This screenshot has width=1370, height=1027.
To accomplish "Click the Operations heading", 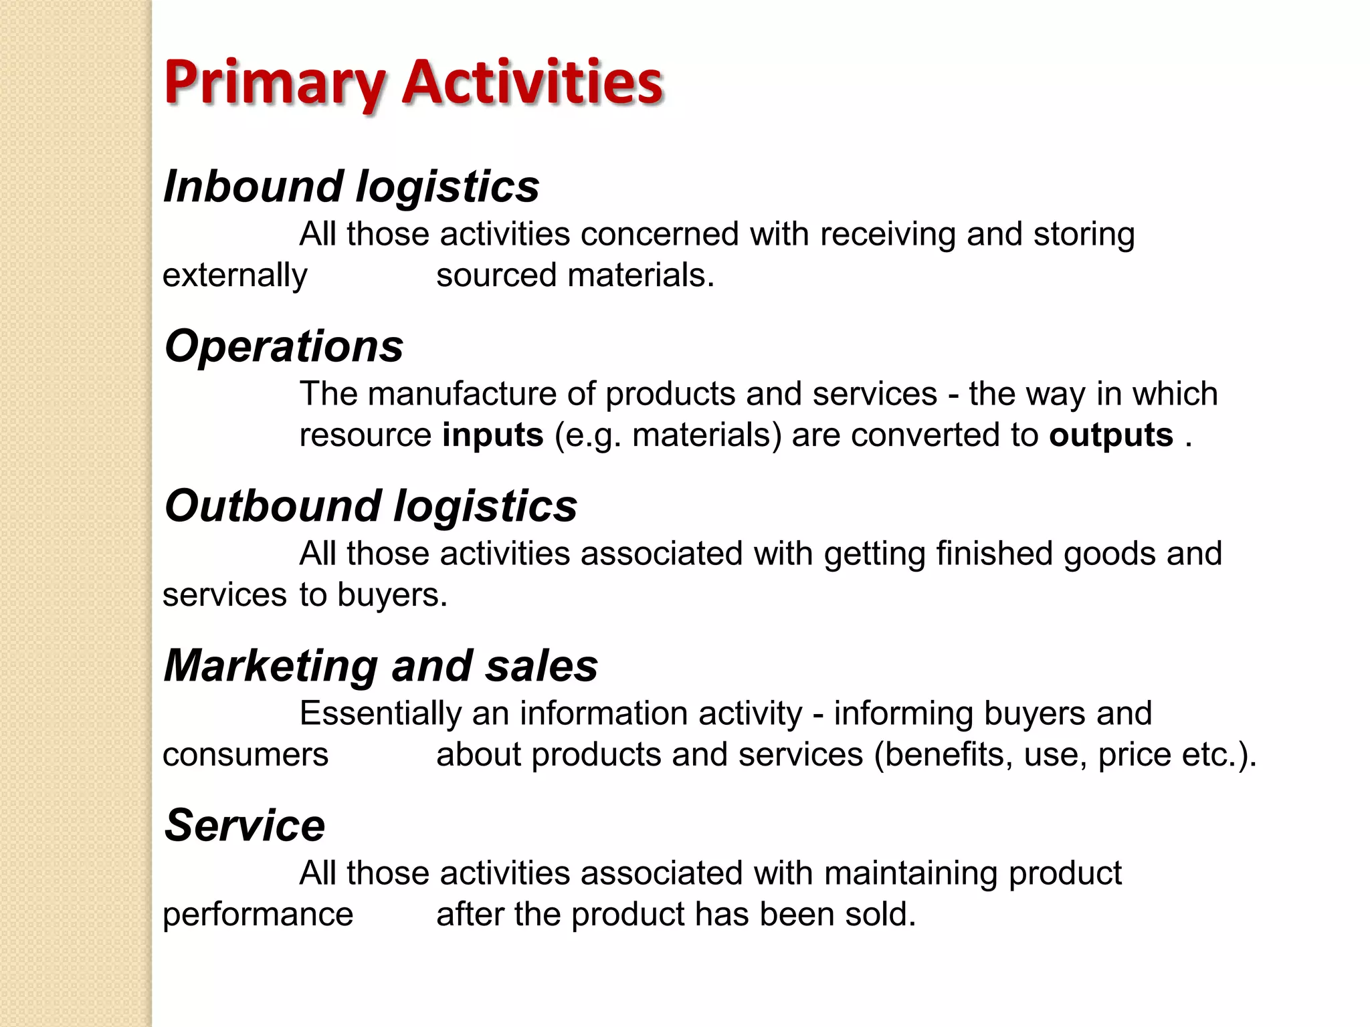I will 284,346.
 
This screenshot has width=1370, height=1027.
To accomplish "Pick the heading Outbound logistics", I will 371,506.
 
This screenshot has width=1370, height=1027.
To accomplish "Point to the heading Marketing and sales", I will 381,666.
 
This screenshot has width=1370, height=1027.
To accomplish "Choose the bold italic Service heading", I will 245,826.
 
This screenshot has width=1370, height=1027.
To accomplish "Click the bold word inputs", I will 492,435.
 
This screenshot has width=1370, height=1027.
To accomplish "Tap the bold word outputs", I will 1111,435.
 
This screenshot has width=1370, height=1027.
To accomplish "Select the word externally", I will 235,275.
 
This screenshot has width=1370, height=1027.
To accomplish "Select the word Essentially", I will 380,713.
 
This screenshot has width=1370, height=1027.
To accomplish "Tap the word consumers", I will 246,755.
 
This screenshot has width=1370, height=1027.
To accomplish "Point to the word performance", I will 258,915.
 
